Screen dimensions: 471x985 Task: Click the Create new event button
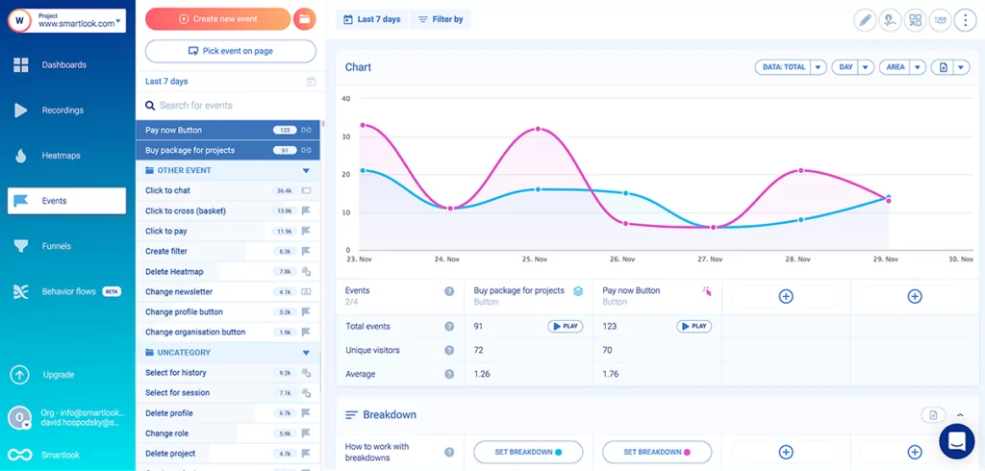(218, 19)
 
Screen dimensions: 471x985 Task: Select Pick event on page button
(231, 51)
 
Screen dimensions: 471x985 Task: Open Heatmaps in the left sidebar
(61, 156)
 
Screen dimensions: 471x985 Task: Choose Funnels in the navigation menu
(57, 246)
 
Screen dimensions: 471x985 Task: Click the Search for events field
(231, 106)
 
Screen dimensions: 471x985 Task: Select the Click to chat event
(168, 191)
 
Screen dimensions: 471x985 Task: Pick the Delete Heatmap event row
(175, 272)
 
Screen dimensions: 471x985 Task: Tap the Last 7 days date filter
(371, 19)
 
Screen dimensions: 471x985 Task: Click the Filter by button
(441, 19)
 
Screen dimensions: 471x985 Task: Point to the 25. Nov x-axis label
(534, 260)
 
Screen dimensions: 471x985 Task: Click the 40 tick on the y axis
(346, 98)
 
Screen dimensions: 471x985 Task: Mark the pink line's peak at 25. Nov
(538, 129)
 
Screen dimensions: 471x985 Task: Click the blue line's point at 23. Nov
(362, 170)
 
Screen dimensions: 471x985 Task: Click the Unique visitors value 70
(608, 350)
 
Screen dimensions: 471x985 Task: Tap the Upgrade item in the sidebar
(58, 375)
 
